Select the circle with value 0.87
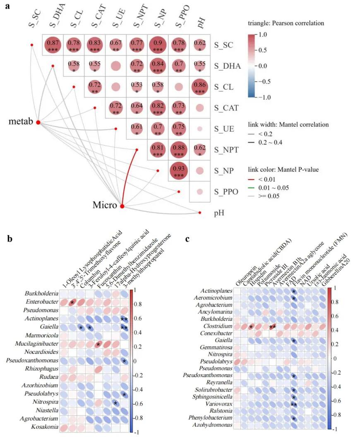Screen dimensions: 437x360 click(53, 44)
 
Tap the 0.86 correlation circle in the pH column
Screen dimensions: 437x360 click(200, 86)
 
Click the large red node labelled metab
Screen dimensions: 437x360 click(38, 122)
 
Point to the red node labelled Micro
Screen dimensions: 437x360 click(122, 206)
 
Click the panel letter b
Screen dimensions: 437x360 click(9, 239)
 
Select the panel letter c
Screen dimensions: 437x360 click(187, 239)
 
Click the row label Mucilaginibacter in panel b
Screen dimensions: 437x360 click(36, 344)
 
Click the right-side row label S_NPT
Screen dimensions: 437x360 click(226, 149)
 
